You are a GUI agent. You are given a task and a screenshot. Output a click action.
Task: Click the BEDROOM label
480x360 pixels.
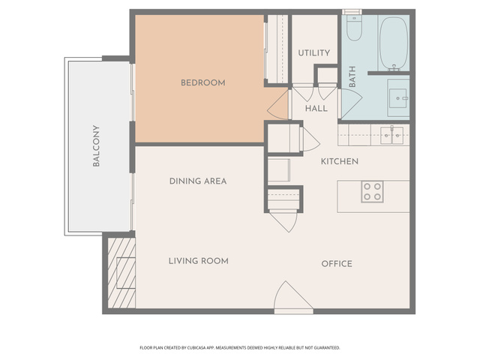pos(203,82)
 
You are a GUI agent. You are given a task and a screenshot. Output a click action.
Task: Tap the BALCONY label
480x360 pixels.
pos(96,145)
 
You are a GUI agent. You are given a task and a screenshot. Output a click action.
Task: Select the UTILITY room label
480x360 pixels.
pos(314,53)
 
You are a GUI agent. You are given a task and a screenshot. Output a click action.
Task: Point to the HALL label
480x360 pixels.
pos(316,108)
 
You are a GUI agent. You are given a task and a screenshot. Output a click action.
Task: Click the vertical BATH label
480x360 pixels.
pos(352,76)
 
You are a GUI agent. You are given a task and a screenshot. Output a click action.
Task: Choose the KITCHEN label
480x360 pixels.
pos(340,161)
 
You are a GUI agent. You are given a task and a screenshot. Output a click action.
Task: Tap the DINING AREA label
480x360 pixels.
pos(198,181)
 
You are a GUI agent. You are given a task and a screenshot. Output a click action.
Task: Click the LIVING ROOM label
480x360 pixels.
pos(198,261)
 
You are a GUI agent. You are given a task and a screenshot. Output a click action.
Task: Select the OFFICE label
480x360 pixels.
pos(337,264)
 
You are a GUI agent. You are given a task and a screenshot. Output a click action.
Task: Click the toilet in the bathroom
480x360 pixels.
pos(355,28)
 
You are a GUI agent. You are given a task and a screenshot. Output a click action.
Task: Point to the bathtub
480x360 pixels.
pos(394,43)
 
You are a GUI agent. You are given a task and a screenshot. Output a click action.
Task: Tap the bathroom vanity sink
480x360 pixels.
pos(398,98)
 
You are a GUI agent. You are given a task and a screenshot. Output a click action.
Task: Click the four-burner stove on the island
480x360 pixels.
pos(372,192)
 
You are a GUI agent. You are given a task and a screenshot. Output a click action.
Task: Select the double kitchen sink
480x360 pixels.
pos(391,135)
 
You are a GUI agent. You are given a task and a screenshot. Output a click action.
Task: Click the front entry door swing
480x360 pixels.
pos(293,295)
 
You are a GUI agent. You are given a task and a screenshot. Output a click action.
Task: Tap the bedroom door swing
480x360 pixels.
pos(278,104)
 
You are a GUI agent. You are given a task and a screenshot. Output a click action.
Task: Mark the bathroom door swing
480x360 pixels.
pos(352,103)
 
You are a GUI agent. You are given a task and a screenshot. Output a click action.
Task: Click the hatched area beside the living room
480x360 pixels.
pos(121,273)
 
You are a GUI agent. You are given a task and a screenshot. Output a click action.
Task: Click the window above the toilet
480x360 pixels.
pos(352,12)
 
